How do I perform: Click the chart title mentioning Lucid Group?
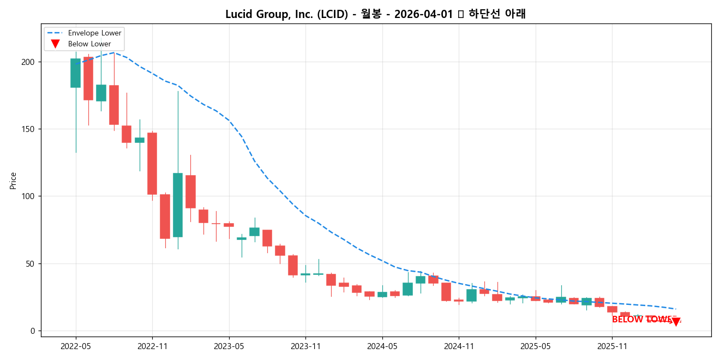tap(375, 14)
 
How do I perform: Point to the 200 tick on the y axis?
tap(28, 62)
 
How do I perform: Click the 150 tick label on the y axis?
tap(28, 129)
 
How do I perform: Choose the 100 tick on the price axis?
tap(28, 196)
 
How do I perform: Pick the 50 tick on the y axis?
tap(31, 264)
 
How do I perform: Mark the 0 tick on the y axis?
tap(33, 331)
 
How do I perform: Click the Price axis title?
tap(13, 181)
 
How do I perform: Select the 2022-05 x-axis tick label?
tap(76, 346)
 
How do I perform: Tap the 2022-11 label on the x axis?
tap(152, 346)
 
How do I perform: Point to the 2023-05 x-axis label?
tap(229, 346)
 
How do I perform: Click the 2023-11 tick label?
tap(305, 346)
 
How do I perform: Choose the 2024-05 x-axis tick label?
tap(382, 346)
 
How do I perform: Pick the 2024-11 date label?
tap(459, 346)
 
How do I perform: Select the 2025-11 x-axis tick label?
tap(612, 346)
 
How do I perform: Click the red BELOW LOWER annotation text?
tap(641, 320)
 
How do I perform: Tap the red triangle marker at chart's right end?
tap(676, 322)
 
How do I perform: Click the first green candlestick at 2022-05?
tap(75, 73)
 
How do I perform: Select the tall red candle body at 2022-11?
tap(152, 164)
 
